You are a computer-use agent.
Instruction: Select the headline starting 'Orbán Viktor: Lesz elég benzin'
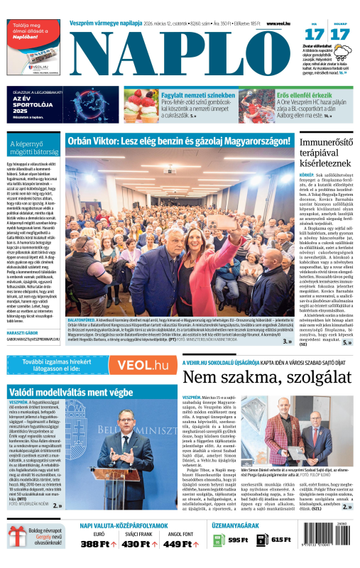tap(179, 141)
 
